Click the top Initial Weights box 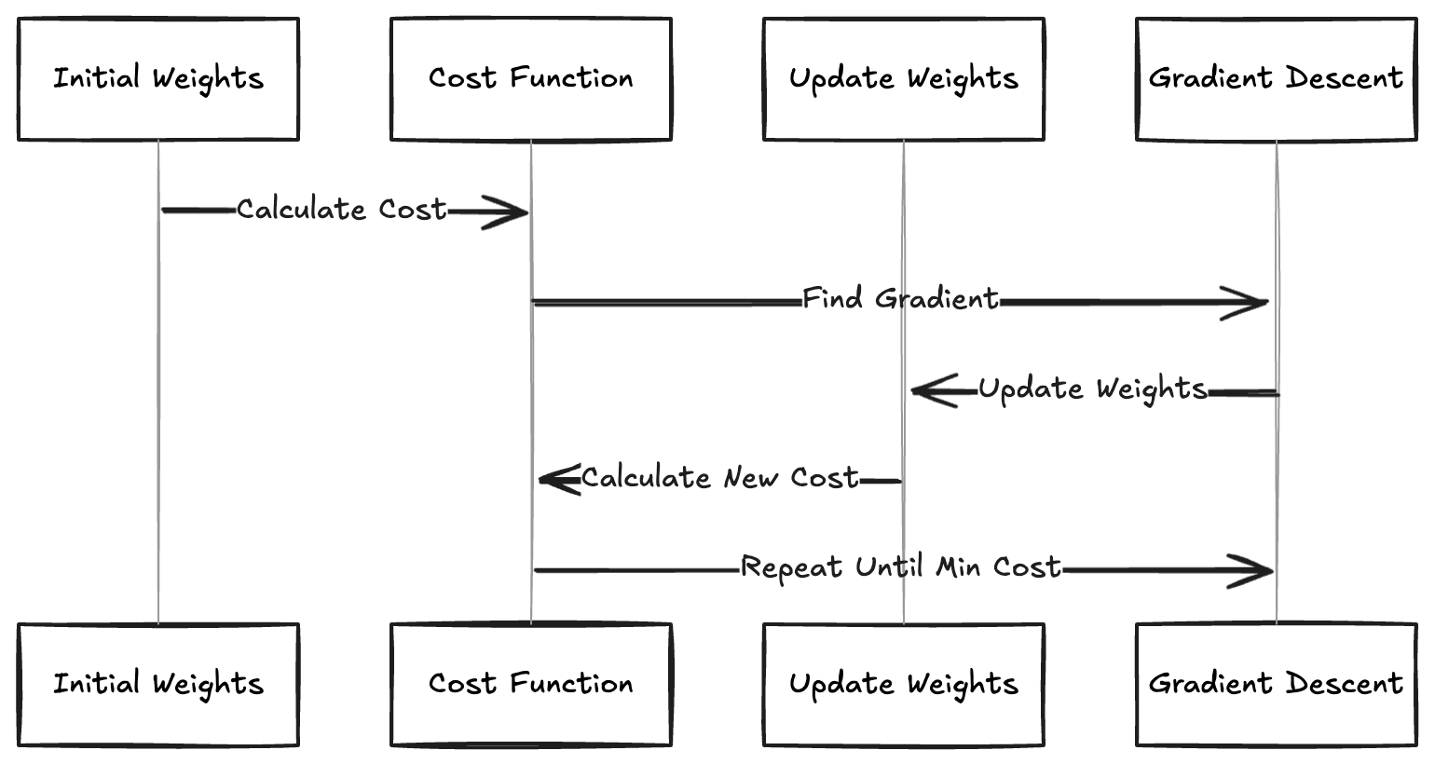coord(158,79)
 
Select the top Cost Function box coord(531,79)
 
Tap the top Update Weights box coord(903,79)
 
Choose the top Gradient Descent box coord(1276,79)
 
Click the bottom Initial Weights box coord(158,685)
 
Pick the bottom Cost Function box coord(531,685)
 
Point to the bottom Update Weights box coord(903,685)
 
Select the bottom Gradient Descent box coord(1276,685)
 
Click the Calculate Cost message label coord(341,210)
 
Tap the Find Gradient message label coord(900,299)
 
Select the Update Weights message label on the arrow coord(1092,389)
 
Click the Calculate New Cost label coord(719,478)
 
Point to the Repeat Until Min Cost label coord(900,567)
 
